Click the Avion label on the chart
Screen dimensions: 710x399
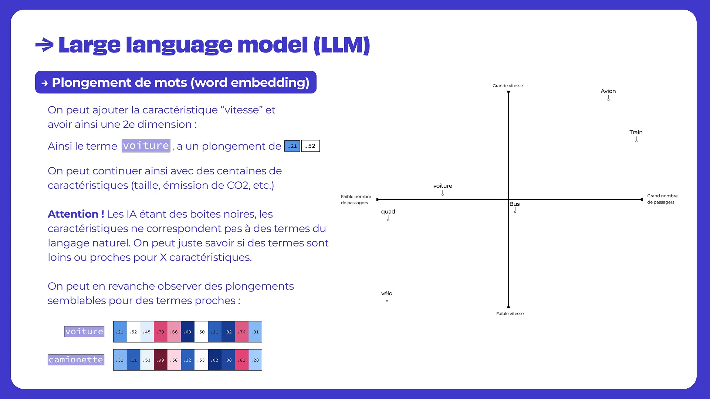608,91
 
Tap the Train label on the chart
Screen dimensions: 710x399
636,132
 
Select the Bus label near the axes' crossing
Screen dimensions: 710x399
514,204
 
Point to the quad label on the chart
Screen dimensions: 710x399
388,212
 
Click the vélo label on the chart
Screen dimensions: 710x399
386,293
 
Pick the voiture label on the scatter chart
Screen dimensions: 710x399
443,186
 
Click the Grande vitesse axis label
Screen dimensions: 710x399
507,86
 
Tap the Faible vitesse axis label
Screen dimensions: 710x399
510,314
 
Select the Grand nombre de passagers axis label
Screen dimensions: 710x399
662,199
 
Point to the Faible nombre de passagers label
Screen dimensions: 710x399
356,199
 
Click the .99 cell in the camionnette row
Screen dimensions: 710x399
160,360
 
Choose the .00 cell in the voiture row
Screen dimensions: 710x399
187,332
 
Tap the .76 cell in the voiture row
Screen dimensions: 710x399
242,332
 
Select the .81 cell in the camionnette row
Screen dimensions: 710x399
242,360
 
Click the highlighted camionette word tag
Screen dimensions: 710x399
76,360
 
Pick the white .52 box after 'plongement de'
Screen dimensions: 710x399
310,146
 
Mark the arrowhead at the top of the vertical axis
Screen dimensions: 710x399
508,92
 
